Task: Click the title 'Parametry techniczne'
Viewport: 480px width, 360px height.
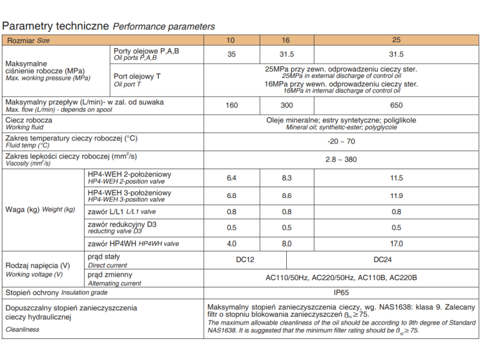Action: click(x=56, y=26)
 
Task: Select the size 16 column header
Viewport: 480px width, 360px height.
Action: click(x=286, y=40)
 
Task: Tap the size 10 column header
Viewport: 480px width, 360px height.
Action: click(x=230, y=40)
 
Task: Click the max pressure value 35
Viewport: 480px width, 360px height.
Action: click(x=232, y=55)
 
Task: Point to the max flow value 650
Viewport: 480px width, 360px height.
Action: click(x=396, y=106)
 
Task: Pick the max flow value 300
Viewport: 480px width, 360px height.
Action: click(x=287, y=106)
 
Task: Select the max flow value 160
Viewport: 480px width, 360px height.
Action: click(x=232, y=106)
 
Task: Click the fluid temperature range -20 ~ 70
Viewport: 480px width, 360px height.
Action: click(x=341, y=142)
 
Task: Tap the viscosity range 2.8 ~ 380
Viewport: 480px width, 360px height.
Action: click(x=341, y=160)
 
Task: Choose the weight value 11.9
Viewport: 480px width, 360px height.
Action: click(x=396, y=196)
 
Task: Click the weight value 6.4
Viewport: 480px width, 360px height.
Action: click(x=232, y=178)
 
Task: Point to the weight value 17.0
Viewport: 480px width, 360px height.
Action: click(x=396, y=244)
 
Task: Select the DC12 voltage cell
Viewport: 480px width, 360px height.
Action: click(x=246, y=260)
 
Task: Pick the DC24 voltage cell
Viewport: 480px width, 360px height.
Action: click(x=383, y=260)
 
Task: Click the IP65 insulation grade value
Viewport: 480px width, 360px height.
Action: click(x=341, y=292)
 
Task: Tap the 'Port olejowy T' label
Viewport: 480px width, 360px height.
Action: click(x=137, y=76)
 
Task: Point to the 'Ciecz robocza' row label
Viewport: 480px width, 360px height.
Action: click(x=29, y=120)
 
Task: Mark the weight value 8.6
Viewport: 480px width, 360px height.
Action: click(x=287, y=196)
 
